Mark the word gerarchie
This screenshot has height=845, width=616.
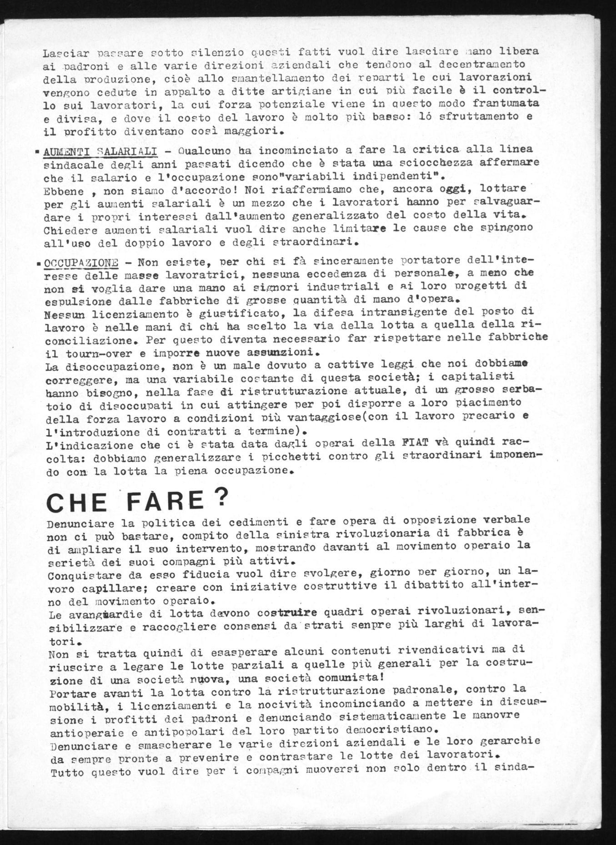(514, 740)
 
